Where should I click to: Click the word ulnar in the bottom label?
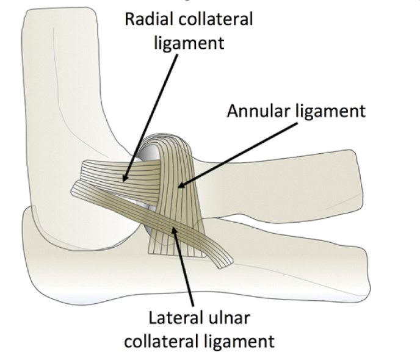(227, 318)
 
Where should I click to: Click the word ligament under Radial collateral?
(189, 43)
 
